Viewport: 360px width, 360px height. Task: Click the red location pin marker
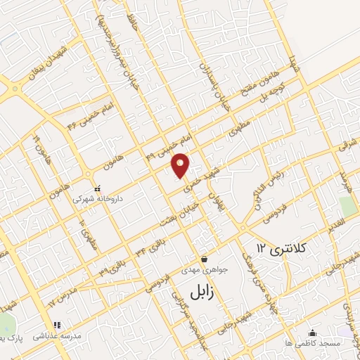click(x=181, y=165)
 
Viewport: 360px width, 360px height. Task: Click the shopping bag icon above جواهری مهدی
click(x=204, y=258)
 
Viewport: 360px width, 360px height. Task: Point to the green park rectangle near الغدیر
click(x=347, y=207)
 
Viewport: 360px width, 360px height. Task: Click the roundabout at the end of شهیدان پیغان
click(x=11, y=89)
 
